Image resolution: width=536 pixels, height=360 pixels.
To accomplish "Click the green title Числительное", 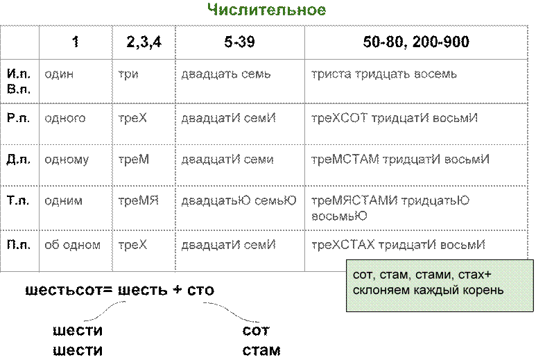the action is pyautogui.click(x=267, y=10).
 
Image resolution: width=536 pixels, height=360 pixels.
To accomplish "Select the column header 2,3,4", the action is pyautogui.click(x=144, y=42).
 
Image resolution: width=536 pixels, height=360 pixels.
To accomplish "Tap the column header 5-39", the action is pyautogui.click(x=240, y=42).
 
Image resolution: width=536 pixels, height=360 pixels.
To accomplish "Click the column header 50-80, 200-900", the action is pyautogui.click(x=416, y=42).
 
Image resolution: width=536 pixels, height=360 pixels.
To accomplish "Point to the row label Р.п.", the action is pyautogui.click(x=19, y=118).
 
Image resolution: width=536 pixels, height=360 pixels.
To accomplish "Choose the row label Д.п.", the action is pyautogui.click(x=19, y=160).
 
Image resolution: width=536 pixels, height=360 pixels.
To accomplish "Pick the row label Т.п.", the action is pyautogui.click(x=18, y=200).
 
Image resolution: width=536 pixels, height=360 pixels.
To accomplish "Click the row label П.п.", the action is pyautogui.click(x=19, y=244).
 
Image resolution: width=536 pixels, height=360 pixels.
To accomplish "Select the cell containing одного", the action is pyautogui.click(x=65, y=119).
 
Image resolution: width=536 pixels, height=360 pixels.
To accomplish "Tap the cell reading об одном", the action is pyautogui.click(x=73, y=245).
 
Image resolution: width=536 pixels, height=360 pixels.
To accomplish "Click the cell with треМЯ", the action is pyautogui.click(x=139, y=200).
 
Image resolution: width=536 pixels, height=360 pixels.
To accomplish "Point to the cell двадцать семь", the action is pyautogui.click(x=226, y=74).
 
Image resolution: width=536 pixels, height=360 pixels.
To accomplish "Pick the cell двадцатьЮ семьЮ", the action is pyautogui.click(x=239, y=200).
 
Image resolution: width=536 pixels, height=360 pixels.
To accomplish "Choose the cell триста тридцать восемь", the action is pyautogui.click(x=384, y=74).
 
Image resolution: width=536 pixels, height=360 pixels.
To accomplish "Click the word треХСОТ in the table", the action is pyautogui.click(x=339, y=118).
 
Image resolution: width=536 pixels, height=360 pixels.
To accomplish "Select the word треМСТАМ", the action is pyautogui.click(x=345, y=160).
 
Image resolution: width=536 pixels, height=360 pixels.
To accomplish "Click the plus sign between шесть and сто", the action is pyautogui.click(x=178, y=289).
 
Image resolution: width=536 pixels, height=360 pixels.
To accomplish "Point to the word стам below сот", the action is pyautogui.click(x=261, y=350).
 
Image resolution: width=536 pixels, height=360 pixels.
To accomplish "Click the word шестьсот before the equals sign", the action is pyautogui.click(x=64, y=290).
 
